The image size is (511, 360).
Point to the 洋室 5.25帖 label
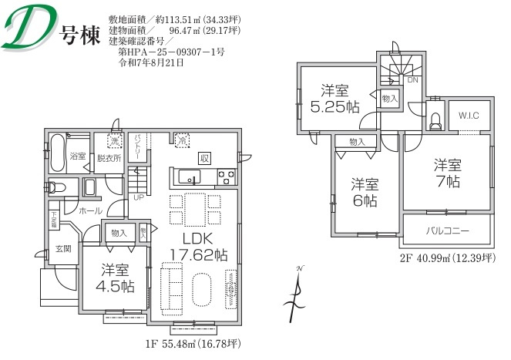[333, 99]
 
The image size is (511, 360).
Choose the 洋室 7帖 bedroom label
[446, 173]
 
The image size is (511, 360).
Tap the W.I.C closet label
[469, 116]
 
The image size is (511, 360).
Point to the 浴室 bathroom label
[78, 156]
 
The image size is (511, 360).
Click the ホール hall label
[90, 210]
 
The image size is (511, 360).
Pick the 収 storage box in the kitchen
[204, 157]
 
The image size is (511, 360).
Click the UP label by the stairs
[139, 196]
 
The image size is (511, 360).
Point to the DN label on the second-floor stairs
[412, 79]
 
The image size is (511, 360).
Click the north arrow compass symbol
[297, 293]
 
